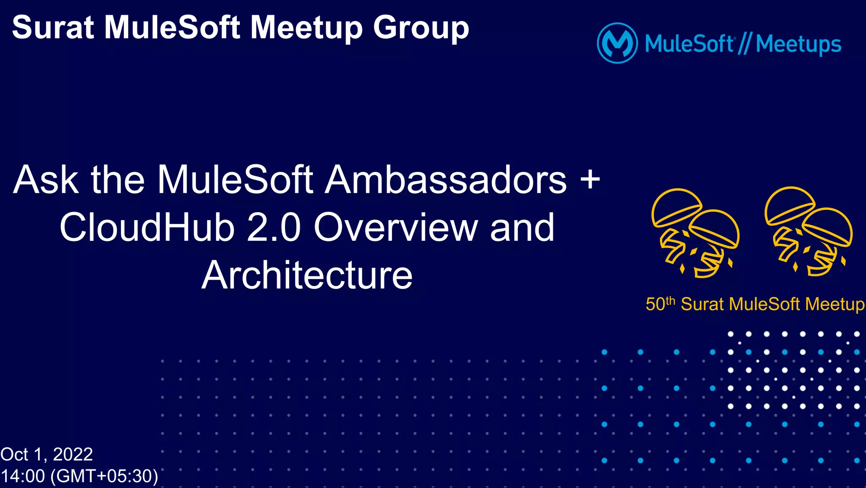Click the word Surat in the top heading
coord(53,28)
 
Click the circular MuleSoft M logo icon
coord(617,43)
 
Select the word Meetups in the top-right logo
coord(798,44)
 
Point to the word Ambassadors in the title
coord(446,180)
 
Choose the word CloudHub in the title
coord(147,228)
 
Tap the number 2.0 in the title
coord(274,228)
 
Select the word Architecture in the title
coord(307,276)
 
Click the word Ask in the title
coord(46,180)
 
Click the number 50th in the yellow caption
coord(660,304)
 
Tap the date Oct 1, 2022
coord(47,455)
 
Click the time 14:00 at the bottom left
coord(23,476)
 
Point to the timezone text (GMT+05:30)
coord(104,476)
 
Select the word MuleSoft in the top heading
coord(173,28)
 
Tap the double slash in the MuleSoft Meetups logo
coord(744,44)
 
